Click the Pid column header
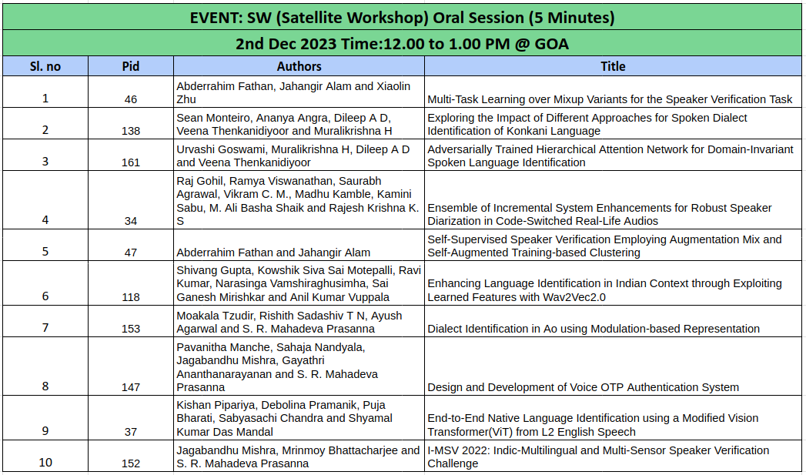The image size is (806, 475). (x=131, y=66)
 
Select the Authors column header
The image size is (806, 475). (x=299, y=66)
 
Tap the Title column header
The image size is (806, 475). (x=613, y=66)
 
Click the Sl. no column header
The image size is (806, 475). (x=45, y=66)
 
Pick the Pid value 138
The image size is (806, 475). (x=131, y=131)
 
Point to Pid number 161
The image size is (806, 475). (x=131, y=162)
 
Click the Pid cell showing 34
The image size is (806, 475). (x=131, y=221)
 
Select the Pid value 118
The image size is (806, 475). (x=131, y=297)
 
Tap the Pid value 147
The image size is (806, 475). (x=131, y=387)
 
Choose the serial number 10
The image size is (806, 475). (x=45, y=462)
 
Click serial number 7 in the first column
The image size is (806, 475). (x=45, y=327)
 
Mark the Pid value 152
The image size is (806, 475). (x=131, y=463)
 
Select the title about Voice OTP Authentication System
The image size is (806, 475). (x=583, y=387)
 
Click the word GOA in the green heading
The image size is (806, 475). (x=552, y=44)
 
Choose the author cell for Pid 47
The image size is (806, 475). (x=273, y=253)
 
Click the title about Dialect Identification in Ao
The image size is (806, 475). (x=594, y=329)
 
